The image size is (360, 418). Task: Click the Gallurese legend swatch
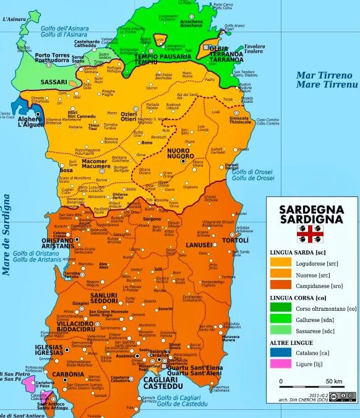point(279,319)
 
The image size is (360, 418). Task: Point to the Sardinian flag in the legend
point(312,233)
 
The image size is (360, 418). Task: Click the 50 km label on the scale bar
point(335,380)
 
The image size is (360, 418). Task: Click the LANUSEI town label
point(199,245)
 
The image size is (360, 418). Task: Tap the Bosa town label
point(66,170)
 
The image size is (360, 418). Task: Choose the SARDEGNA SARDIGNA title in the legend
point(312,214)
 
